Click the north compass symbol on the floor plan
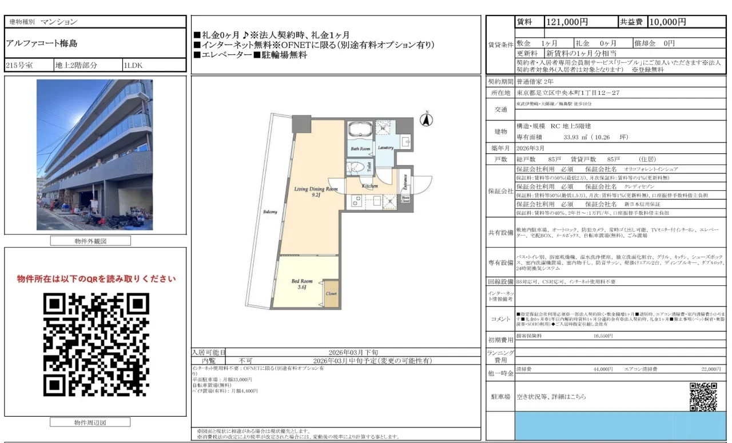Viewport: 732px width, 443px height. pyautogui.click(x=425, y=119)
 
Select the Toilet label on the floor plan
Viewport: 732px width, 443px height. pyautogui.click(x=369, y=167)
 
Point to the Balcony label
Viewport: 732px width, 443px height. pyautogui.click(x=270, y=212)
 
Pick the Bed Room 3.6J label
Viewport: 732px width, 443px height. pyautogui.click(x=302, y=284)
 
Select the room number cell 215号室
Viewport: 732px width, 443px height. pyautogui.click(x=19, y=65)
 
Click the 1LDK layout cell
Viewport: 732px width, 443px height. pyautogui.click(x=134, y=65)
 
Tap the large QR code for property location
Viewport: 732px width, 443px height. pyautogui.click(x=96, y=345)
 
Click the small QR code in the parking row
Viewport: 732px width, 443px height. pyautogui.click(x=703, y=396)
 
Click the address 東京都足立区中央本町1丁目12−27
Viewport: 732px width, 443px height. pyautogui.click(x=568, y=93)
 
